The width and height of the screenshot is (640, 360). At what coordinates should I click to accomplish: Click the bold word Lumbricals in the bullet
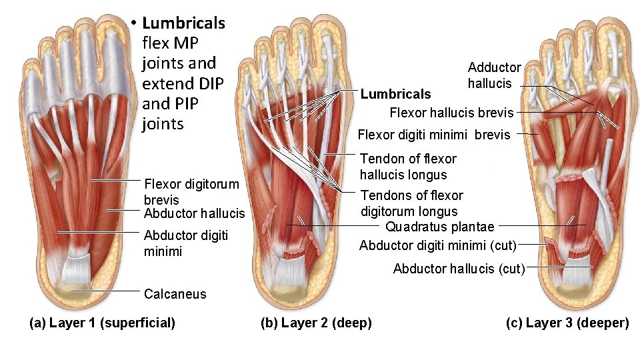click(x=183, y=23)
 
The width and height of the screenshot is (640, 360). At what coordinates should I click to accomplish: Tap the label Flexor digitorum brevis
click(x=191, y=191)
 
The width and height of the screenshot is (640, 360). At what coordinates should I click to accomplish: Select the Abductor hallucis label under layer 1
click(x=194, y=213)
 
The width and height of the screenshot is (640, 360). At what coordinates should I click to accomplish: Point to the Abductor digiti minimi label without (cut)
click(x=186, y=243)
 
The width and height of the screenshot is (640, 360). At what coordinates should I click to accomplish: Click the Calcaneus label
click(x=175, y=294)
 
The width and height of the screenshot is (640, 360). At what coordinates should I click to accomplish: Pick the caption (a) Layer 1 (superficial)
click(x=103, y=323)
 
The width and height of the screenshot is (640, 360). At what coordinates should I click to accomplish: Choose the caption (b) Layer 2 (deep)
click(x=316, y=323)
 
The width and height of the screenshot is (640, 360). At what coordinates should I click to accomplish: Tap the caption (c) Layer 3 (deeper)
click(x=567, y=323)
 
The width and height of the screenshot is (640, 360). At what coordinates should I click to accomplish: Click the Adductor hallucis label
click(x=494, y=75)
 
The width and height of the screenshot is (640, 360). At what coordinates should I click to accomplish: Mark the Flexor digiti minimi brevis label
click(x=434, y=135)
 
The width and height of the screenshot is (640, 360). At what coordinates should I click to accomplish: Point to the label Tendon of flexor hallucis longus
click(x=408, y=167)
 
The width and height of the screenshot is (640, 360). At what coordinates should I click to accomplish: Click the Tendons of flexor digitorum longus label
click(x=411, y=203)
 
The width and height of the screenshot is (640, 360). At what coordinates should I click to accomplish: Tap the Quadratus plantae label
click(x=440, y=227)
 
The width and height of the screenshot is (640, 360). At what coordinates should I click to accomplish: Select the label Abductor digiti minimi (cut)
click(x=438, y=245)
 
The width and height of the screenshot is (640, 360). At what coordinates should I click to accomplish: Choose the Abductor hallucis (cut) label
click(x=459, y=269)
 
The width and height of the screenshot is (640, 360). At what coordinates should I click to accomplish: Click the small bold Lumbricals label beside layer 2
click(x=395, y=94)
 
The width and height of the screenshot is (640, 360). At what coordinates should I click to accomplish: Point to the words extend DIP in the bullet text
click(x=182, y=84)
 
